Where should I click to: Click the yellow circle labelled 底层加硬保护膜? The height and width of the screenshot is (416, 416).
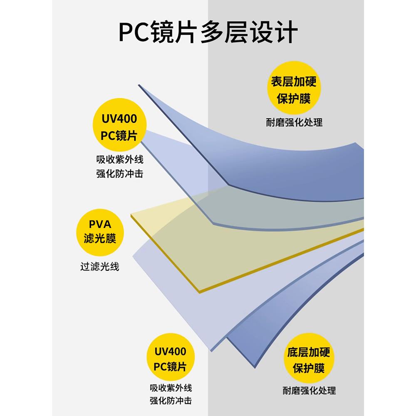coord(308,360)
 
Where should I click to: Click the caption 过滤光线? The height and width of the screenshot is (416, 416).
coord(100,266)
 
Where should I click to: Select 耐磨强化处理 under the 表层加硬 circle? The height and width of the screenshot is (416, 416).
coord(294,122)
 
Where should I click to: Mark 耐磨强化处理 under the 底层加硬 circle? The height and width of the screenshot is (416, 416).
coord(309,391)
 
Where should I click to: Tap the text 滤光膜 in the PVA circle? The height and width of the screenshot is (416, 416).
coord(99,239)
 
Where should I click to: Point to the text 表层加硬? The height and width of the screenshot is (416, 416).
coord(294,82)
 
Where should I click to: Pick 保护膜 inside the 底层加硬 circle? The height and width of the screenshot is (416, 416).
coord(308,369)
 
